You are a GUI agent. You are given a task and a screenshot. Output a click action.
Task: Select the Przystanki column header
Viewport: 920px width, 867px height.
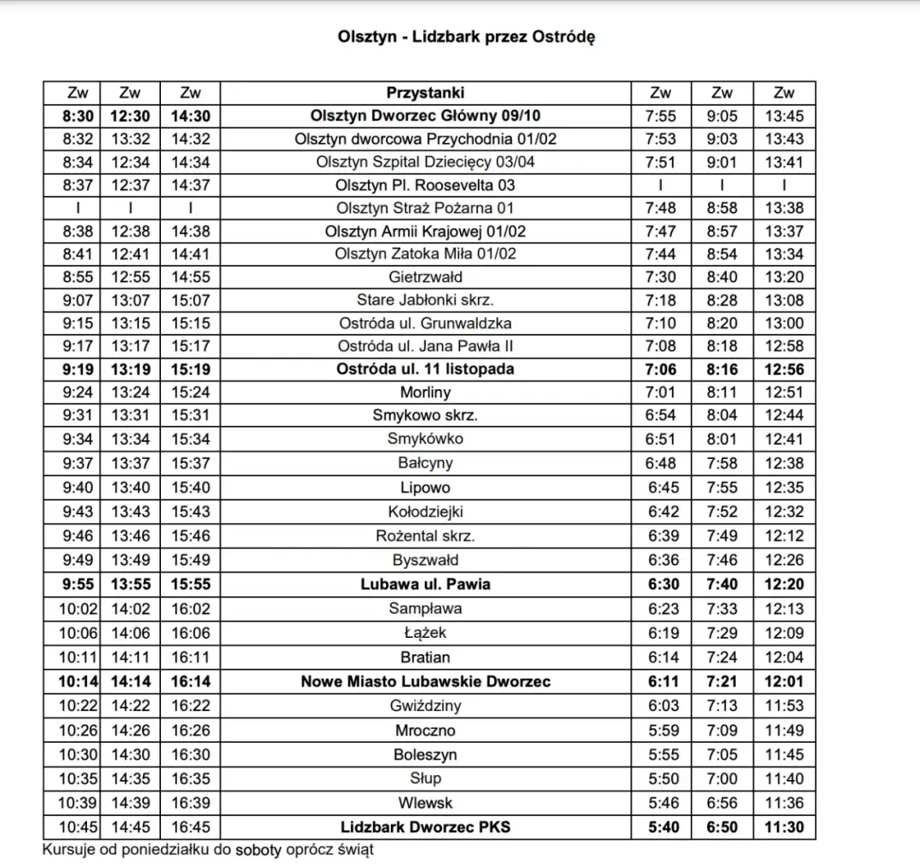425,93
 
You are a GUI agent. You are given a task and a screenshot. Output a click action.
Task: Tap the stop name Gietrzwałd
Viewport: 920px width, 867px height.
425,277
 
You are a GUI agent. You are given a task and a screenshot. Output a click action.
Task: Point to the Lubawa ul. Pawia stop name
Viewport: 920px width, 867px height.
425,584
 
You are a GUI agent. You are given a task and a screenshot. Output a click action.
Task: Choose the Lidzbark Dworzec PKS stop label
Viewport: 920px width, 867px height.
425,827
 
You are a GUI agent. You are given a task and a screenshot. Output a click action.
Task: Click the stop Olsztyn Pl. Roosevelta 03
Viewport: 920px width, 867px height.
425,185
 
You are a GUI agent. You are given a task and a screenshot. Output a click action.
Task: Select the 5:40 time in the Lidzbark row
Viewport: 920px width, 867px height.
660,827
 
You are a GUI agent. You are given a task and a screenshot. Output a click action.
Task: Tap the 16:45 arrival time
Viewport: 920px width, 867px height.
191,827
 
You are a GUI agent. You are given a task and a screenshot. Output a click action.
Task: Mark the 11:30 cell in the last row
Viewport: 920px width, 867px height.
785,827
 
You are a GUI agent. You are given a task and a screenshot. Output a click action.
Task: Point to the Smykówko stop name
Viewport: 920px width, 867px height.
425,439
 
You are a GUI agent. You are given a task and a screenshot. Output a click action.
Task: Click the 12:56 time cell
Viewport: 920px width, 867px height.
785,370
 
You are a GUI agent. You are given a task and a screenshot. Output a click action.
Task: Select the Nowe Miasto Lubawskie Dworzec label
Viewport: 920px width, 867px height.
425,681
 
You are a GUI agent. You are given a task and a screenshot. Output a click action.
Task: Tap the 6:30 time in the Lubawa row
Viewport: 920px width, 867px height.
660,584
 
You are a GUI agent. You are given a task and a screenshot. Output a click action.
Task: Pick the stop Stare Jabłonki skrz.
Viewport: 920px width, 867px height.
425,300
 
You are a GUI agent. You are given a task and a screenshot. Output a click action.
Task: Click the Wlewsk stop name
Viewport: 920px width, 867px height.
425,802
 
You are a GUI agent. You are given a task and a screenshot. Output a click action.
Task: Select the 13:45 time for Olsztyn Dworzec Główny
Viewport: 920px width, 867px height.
785,116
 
